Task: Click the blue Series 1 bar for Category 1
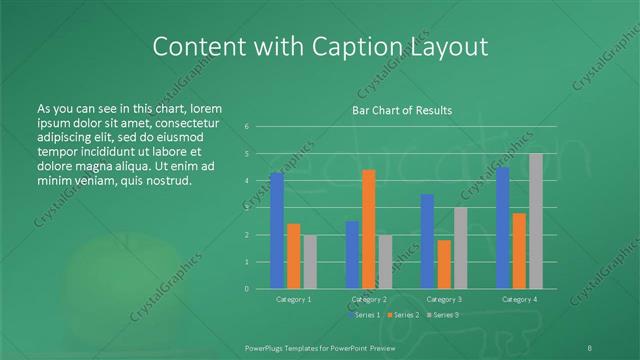click(x=277, y=230)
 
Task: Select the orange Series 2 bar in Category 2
click(x=369, y=229)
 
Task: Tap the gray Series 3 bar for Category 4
click(x=536, y=221)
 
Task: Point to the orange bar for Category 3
click(x=444, y=264)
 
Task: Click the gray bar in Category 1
click(x=310, y=262)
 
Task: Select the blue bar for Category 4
click(x=503, y=228)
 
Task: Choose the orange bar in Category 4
click(x=519, y=251)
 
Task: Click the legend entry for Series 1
click(x=363, y=316)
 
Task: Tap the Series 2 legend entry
click(x=402, y=316)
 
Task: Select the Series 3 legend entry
click(x=442, y=316)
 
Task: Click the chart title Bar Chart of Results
click(x=402, y=110)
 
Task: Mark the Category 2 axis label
click(x=369, y=299)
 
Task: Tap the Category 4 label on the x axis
click(x=519, y=299)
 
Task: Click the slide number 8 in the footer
click(x=590, y=346)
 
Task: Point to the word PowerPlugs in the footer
click(x=266, y=346)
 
